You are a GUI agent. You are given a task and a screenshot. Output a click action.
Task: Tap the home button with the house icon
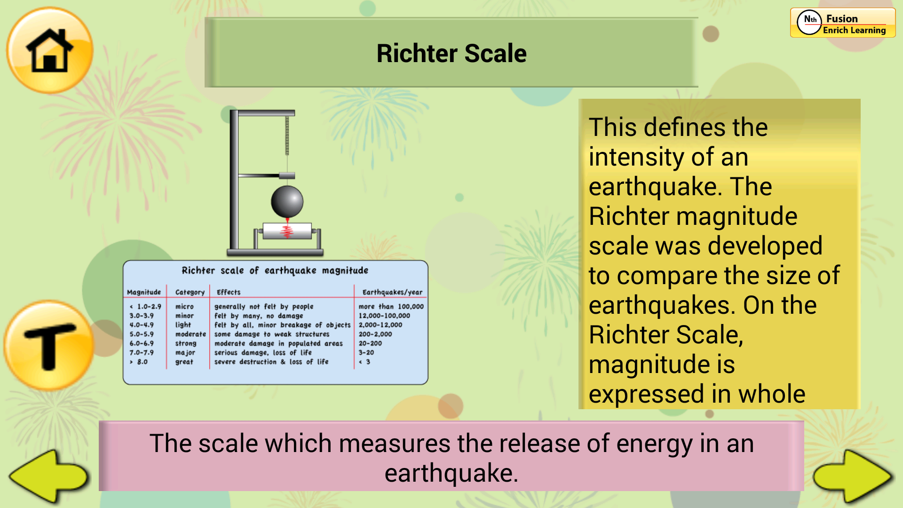coord(49,50)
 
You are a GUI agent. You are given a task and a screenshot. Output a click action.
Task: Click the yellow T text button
coord(49,346)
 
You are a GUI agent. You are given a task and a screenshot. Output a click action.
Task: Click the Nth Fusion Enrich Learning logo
coord(843,23)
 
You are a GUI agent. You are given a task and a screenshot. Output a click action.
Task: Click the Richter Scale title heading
coord(451,53)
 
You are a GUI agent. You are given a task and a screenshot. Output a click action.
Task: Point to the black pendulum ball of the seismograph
coord(287,201)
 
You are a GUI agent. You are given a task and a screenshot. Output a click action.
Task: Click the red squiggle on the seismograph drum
coord(287,231)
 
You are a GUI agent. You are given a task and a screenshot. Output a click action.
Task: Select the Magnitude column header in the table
coord(144,292)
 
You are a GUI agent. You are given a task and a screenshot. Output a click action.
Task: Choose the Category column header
coord(190,292)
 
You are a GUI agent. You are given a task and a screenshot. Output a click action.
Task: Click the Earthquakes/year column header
coord(392,292)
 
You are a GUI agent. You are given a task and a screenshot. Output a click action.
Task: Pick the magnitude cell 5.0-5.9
coord(142,334)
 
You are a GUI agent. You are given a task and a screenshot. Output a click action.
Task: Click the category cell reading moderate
coord(190,334)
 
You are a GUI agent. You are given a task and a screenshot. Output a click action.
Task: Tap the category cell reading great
coord(184,362)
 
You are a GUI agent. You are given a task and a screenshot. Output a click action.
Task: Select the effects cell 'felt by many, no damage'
coord(259,316)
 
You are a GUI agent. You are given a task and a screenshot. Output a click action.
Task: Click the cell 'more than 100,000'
coord(391,306)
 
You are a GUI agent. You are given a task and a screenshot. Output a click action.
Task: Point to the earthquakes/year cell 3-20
coord(366,352)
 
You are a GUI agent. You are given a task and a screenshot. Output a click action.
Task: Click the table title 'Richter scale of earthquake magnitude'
coord(275,270)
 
